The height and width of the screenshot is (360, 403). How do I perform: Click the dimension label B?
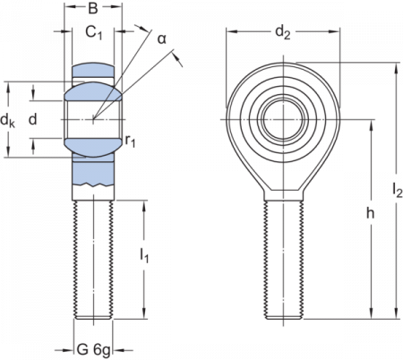point(93,11)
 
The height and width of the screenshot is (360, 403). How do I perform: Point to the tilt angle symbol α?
point(162,40)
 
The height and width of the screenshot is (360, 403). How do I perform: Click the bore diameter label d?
point(33,119)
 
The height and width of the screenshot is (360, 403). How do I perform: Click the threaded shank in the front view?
point(287,260)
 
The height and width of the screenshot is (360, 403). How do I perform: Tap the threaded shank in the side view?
point(93,260)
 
